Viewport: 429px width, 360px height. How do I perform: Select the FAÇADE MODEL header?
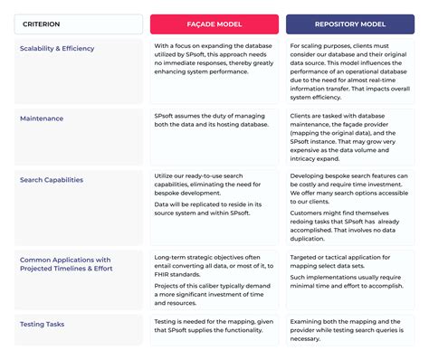[214, 24]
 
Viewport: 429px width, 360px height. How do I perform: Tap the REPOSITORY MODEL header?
[349, 24]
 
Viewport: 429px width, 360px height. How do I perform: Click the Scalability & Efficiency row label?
[57, 48]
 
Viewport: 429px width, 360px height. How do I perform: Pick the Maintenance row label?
[42, 117]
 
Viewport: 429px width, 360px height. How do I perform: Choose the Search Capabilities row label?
[52, 179]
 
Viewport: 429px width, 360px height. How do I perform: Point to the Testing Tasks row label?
[42, 323]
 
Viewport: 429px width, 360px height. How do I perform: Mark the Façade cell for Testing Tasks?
[214, 329]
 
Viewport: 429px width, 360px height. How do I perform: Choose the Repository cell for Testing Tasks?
[349, 329]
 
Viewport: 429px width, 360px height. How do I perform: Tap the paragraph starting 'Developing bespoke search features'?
[349, 189]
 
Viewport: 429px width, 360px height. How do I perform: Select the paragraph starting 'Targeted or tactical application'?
[349, 263]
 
